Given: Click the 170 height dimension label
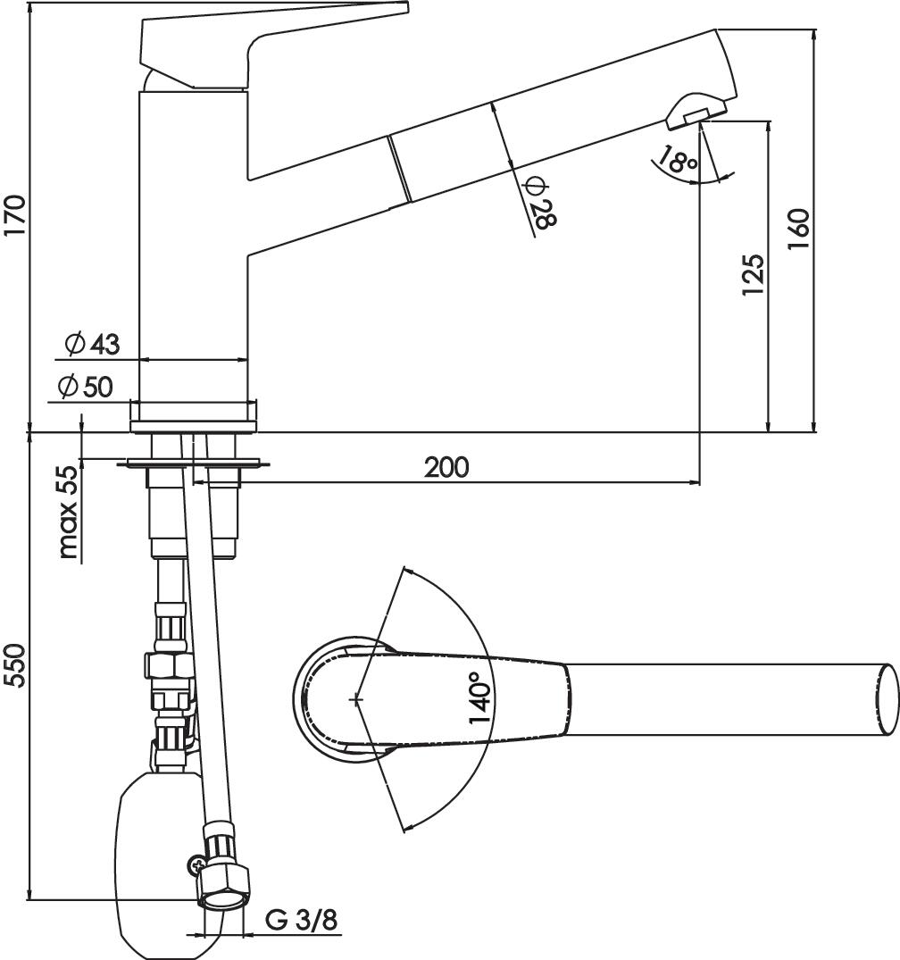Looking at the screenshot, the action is (x=14, y=215).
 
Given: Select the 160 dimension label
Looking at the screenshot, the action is (x=797, y=229).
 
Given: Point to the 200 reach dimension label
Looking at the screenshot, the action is (x=447, y=468).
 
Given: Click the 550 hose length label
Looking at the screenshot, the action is (x=14, y=665).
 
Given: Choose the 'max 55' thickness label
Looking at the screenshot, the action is (x=69, y=513).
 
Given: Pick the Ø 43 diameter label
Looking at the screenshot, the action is (x=93, y=344).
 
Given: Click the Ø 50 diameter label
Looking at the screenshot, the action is (x=86, y=387).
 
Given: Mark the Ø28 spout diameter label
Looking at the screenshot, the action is (x=541, y=203).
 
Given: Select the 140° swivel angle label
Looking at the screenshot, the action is (x=481, y=697).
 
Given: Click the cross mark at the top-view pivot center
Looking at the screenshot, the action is (x=357, y=699).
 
